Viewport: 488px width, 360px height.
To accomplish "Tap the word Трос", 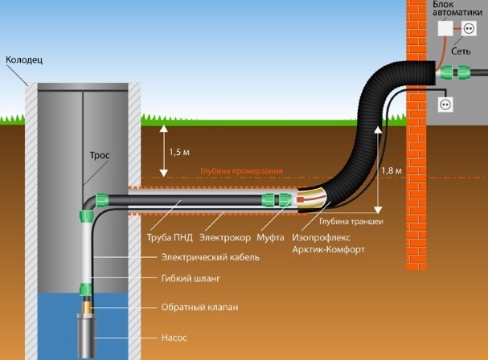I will tap(100, 155).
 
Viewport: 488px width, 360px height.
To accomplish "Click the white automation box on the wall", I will tap(445, 29).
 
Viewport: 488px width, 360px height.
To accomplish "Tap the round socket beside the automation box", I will tap(469, 29).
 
